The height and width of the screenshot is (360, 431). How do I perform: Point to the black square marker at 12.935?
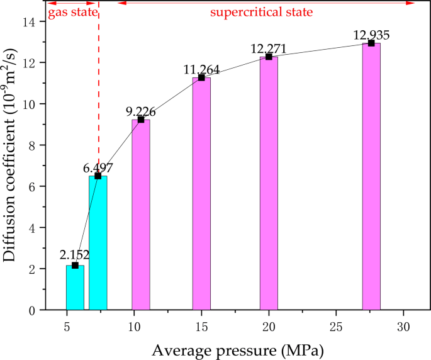(x=371, y=43)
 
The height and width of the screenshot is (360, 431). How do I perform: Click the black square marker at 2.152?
(x=75, y=266)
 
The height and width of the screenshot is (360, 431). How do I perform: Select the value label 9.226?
(x=141, y=111)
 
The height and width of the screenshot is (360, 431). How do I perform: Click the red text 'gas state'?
(x=72, y=12)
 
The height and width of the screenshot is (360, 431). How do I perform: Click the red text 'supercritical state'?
(x=261, y=12)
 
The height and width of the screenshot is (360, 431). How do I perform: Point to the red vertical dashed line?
(x=99, y=94)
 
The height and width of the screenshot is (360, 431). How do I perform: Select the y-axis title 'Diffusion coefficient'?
(x=13, y=165)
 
